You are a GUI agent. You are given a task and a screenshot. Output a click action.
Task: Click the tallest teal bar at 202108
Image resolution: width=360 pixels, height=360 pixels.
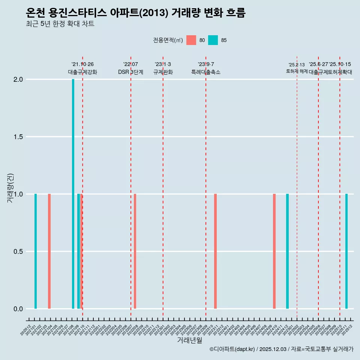(73, 194)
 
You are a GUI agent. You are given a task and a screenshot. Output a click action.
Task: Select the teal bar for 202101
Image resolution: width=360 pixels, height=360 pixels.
(36, 251)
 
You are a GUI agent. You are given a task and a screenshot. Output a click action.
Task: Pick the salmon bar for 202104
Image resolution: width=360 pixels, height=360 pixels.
(49, 251)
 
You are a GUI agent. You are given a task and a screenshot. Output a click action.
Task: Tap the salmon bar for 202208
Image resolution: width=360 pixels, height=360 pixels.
(135, 251)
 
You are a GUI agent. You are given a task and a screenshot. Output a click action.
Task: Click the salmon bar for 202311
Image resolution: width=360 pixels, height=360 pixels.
(215, 251)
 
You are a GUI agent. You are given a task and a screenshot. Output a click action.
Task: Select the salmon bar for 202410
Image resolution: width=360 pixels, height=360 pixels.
(274, 251)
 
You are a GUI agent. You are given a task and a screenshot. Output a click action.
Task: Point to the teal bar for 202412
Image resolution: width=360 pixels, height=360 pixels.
(287, 251)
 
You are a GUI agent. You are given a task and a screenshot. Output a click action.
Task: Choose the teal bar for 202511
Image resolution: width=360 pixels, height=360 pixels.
(346, 251)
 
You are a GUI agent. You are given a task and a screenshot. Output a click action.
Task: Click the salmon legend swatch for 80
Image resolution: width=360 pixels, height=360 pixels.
(191, 40)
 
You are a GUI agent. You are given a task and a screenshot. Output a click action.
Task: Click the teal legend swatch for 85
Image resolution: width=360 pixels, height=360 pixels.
(213, 40)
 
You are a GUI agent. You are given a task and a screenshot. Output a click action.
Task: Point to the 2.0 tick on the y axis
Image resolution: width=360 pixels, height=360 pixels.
(19, 79)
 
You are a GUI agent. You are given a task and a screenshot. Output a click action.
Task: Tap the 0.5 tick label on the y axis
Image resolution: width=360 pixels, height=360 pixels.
(19, 252)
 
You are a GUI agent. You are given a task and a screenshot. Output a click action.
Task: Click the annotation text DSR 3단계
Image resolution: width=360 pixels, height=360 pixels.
(130, 72)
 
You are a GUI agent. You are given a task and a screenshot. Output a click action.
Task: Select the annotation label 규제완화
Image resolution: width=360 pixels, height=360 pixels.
(163, 72)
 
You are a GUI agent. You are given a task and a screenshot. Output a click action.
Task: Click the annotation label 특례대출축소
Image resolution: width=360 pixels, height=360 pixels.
(206, 72)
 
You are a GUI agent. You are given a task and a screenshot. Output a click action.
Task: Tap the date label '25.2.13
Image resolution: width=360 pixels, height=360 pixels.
(297, 65)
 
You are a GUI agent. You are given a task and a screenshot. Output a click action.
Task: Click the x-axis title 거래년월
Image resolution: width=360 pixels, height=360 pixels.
(189, 340)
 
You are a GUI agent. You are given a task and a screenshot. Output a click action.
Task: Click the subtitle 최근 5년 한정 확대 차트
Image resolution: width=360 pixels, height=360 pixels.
(60, 24)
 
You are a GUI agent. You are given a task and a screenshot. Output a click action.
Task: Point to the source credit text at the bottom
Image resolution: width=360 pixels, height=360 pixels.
(281, 349)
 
